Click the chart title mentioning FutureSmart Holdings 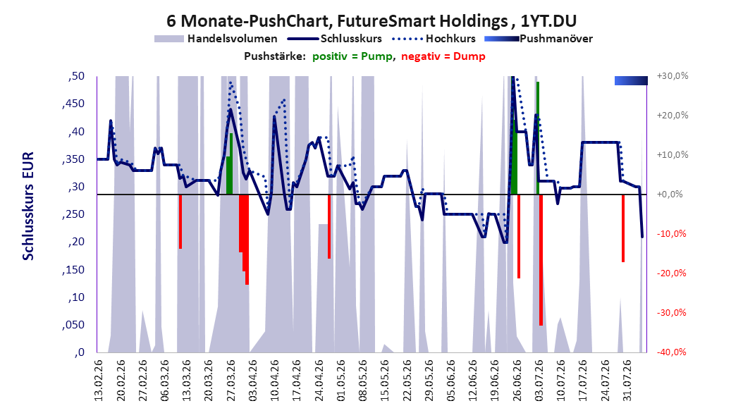[x=371, y=21]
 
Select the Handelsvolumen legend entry [x=216, y=39]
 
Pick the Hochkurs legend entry [x=434, y=39]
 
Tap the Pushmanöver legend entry [x=539, y=39]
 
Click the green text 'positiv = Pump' [x=352, y=56]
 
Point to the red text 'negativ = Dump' [x=443, y=56]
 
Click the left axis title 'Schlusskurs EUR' [x=28, y=206]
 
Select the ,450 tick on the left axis [x=73, y=104]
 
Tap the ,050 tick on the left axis [x=73, y=325]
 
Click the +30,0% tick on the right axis [x=673, y=76]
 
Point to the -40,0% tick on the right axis [x=671, y=352]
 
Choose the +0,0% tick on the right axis [x=670, y=195]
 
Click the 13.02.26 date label [x=99, y=381]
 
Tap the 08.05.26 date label [x=364, y=381]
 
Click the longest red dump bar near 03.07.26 [x=541, y=260]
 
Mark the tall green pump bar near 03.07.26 [x=538, y=138]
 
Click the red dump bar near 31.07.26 [x=623, y=228]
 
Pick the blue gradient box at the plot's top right [x=631, y=80]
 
